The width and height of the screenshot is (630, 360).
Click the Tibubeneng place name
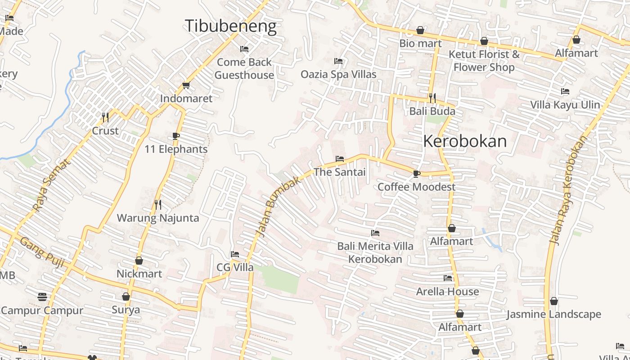click(x=230, y=26)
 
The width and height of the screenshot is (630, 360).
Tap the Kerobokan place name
click(x=465, y=141)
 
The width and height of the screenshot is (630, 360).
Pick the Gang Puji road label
click(x=42, y=252)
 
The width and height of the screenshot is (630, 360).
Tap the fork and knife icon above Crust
click(x=105, y=117)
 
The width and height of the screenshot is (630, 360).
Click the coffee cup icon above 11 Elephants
click(x=176, y=136)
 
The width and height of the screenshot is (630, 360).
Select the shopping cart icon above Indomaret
click(x=186, y=85)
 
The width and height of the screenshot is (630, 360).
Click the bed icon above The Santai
click(x=340, y=159)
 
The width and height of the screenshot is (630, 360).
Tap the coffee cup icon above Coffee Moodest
click(x=416, y=174)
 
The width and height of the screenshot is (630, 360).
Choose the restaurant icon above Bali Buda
click(x=432, y=98)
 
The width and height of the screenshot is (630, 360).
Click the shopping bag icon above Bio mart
click(x=420, y=30)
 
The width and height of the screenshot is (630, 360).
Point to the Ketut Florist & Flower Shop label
click(x=484, y=61)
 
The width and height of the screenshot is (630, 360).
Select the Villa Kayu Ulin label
click(x=565, y=105)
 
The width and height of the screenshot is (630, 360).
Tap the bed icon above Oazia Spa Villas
click(x=338, y=61)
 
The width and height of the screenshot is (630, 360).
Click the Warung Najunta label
click(x=157, y=218)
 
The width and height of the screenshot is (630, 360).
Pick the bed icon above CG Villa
click(x=235, y=254)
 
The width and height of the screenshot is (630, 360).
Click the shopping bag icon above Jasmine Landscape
click(x=554, y=301)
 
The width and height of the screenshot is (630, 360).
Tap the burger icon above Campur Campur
click(x=42, y=297)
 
